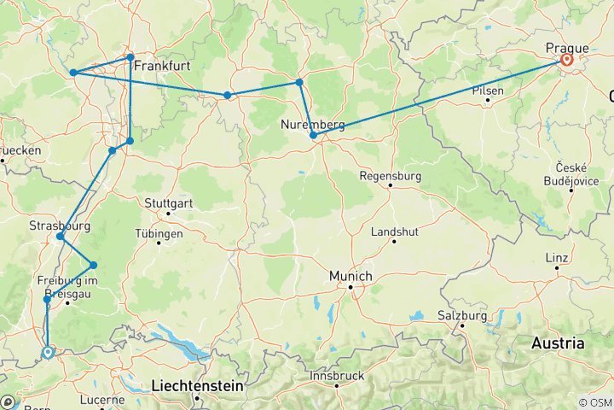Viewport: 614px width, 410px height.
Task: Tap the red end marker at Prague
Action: click(566, 61)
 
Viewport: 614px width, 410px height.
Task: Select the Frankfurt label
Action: click(161, 65)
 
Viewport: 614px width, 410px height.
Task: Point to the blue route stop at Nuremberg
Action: click(314, 136)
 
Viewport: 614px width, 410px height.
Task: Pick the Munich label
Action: click(350, 277)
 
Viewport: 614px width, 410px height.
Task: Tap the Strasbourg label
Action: click(59, 225)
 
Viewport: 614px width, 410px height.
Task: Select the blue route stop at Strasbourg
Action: click(60, 237)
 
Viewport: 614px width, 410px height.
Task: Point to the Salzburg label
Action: click(462, 315)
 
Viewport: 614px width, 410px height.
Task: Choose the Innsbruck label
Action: click(337, 375)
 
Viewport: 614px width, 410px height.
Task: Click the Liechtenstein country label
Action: click(197, 386)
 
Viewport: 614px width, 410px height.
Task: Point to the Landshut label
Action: click(394, 231)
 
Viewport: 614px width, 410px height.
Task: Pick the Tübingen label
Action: click(159, 233)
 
